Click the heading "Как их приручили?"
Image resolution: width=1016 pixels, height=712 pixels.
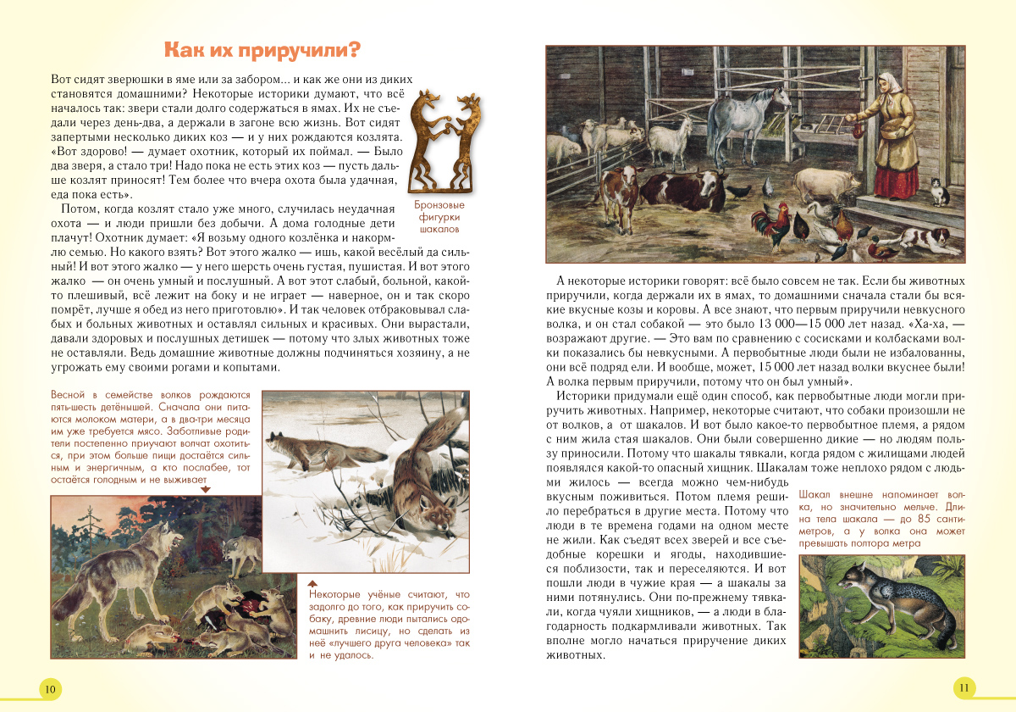262,48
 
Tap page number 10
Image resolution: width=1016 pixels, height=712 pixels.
50,689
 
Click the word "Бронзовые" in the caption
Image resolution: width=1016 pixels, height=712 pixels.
439,206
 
